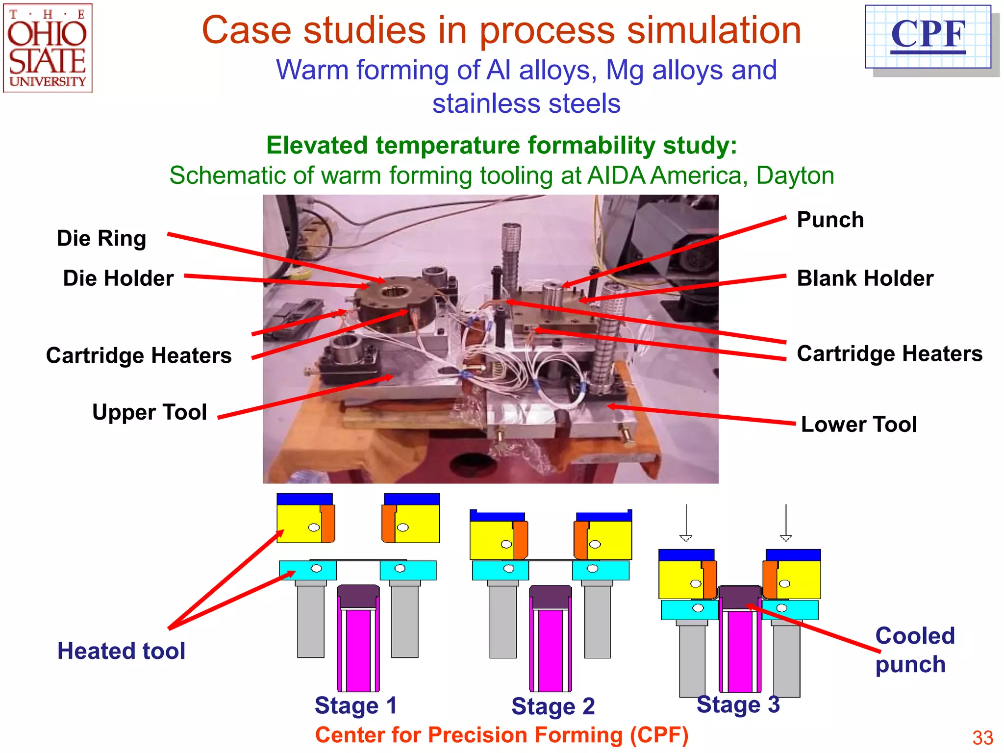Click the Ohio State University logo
[48, 48]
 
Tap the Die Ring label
[101, 238]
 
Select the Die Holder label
[118, 278]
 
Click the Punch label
[830, 220]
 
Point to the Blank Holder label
[865, 278]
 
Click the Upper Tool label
[150, 412]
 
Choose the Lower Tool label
[858, 424]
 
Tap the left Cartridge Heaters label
[139, 355]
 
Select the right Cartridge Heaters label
[889, 353]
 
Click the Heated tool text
[121, 651]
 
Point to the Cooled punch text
[914, 650]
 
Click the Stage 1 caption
[355, 706]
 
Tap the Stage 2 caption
[552, 706]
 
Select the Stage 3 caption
[738, 704]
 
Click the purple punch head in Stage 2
[551, 597]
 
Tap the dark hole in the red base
[474, 464]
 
